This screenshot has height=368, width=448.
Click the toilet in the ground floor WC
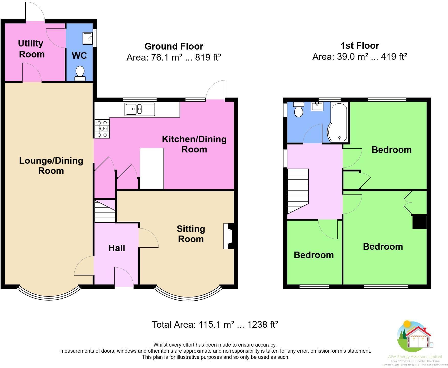[80, 73]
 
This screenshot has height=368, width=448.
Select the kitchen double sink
[140, 109]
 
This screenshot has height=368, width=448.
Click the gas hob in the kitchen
[102, 129]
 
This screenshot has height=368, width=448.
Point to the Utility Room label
[31, 49]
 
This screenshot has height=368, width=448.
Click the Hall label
[117, 248]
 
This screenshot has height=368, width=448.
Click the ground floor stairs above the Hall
[105, 211]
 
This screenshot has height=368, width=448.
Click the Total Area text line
[215, 325]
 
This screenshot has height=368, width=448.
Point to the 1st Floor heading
[360, 46]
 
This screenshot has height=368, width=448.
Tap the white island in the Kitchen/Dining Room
[152, 169]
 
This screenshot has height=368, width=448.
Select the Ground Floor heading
[174, 46]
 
